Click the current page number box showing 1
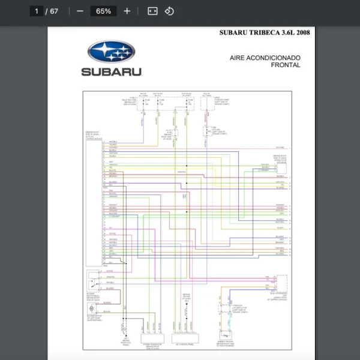pos(37,11)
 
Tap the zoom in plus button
pos(127,11)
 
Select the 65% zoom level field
pos(103,11)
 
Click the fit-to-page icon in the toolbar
pos(152,11)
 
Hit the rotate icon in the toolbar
pos(169,11)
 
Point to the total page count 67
pos(54,11)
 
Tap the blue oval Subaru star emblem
pos(111,52)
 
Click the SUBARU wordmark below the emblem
pos(112,72)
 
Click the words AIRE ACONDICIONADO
pos(265,58)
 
